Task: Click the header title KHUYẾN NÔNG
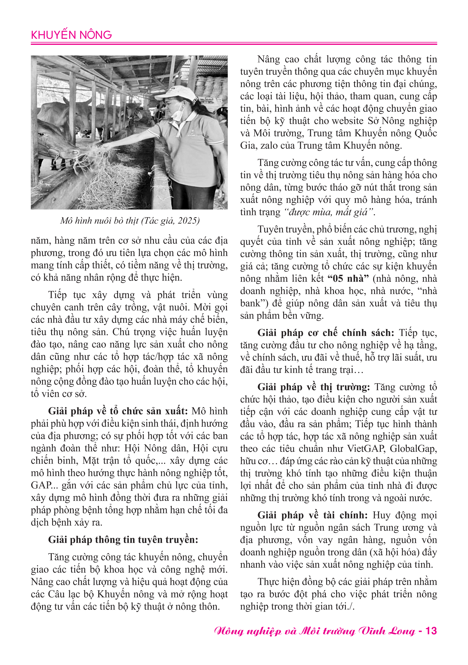click(71, 35)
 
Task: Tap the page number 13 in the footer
click(431, 631)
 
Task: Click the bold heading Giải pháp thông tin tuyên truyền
click(123, 540)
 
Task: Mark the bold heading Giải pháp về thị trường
click(314, 387)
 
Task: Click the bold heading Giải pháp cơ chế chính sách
click(326, 333)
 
